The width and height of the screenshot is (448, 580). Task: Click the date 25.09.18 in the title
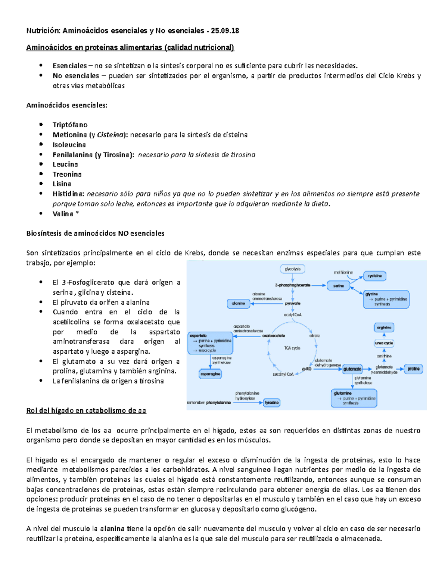coord(225,31)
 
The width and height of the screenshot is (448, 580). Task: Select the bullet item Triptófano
coord(70,125)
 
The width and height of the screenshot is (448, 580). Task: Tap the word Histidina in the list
coord(68,194)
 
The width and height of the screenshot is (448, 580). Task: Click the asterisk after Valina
coord(77,214)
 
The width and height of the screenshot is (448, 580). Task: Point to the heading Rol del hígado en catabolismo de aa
coord(86,411)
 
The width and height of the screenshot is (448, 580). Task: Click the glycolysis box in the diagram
coord(293,269)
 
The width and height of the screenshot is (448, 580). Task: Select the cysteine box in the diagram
coord(374,276)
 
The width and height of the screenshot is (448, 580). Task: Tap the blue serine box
coord(339,286)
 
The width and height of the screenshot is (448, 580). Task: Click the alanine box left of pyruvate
coord(239,304)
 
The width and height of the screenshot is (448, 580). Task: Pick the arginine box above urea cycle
coord(384,328)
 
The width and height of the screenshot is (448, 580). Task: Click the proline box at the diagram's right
coord(413,369)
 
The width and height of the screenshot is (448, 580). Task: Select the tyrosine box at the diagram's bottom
coord(271,403)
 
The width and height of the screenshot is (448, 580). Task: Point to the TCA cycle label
coord(292,348)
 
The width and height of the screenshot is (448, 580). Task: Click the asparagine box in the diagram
coord(210,374)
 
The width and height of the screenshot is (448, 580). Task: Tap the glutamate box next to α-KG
coord(352,369)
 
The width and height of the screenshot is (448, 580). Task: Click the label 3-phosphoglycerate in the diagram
coord(293,285)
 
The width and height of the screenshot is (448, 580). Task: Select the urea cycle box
coord(384,343)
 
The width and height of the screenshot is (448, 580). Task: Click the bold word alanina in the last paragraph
coord(112,529)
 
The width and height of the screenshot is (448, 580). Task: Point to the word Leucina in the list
coord(65,164)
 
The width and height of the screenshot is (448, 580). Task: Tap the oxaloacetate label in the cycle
coord(274,336)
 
